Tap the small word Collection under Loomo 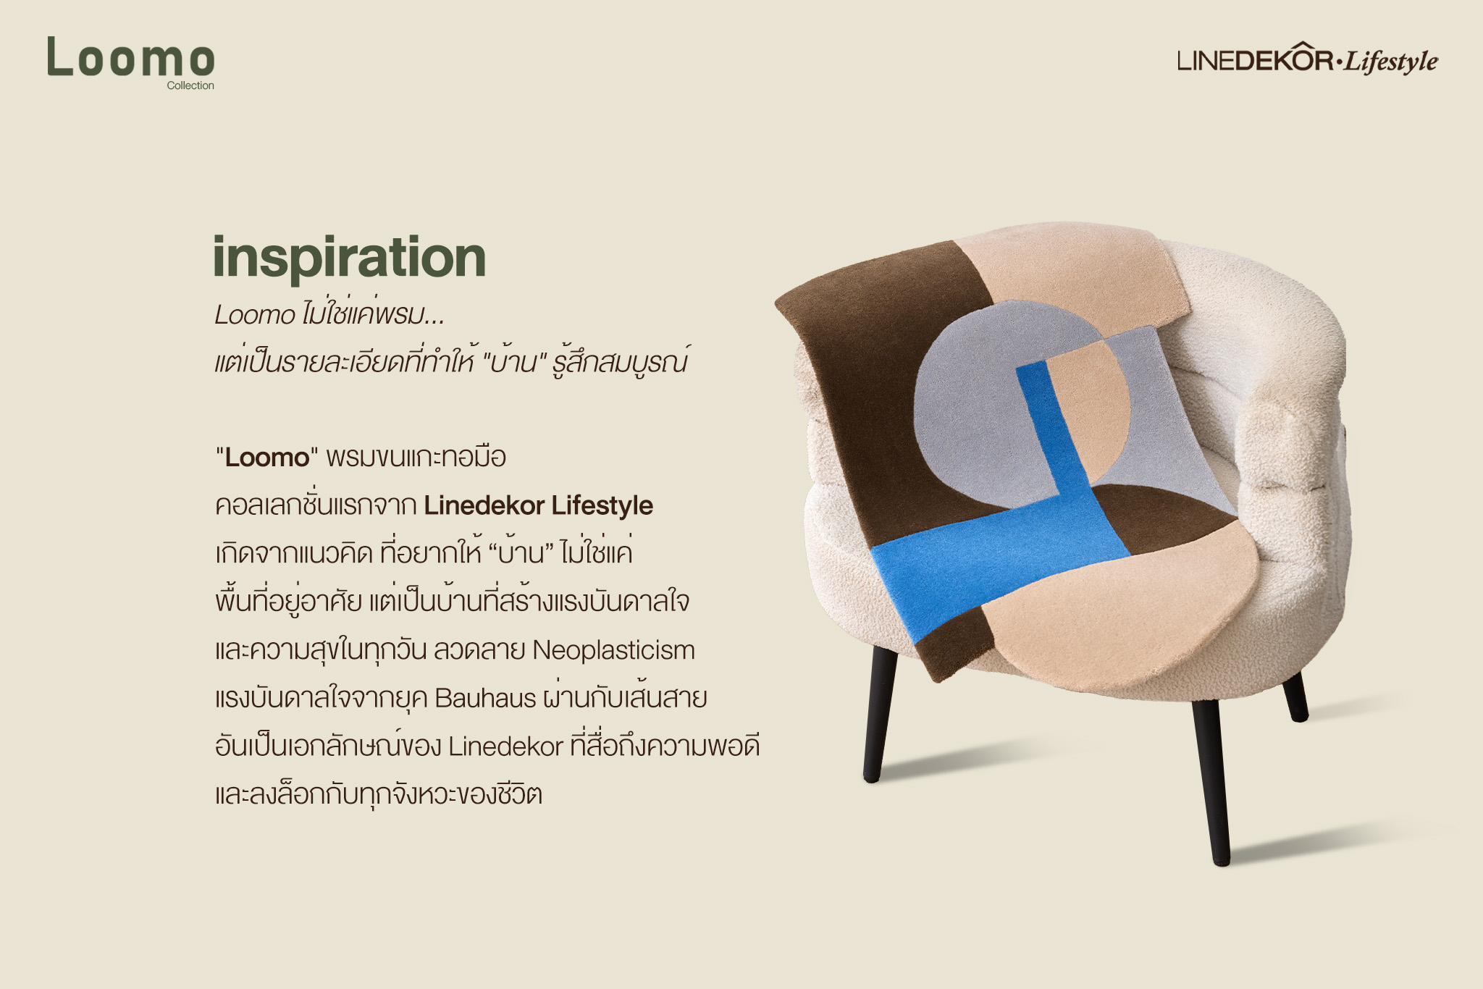click(x=190, y=85)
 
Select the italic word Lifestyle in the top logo click(x=1391, y=62)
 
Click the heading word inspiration click(x=349, y=257)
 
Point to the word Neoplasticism click(x=613, y=650)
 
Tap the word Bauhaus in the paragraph click(x=485, y=698)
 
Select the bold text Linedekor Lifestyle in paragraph click(x=539, y=505)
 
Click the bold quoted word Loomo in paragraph click(x=267, y=458)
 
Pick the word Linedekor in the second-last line click(x=505, y=746)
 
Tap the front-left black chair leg click(x=879, y=713)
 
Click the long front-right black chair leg click(x=1211, y=782)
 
